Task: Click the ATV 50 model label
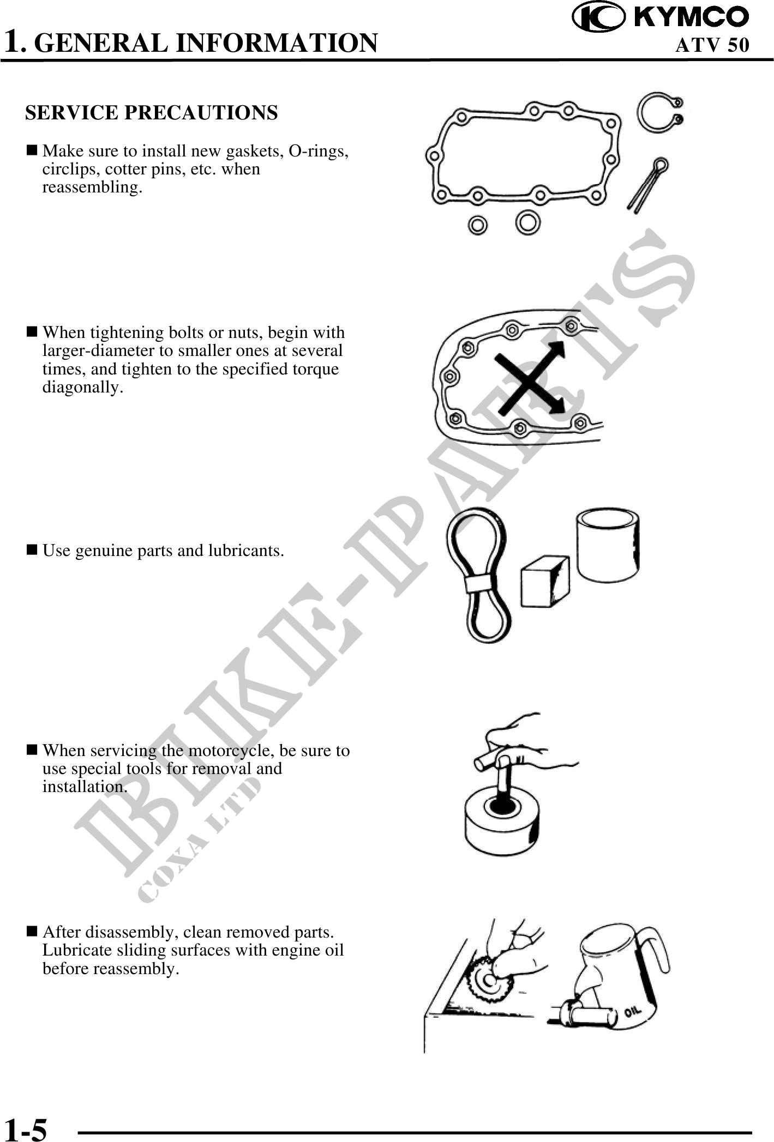tap(712, 45)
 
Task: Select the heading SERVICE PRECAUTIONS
tap(152, 113)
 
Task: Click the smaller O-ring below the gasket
tap(478, 224)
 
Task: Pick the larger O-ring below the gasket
tap(528, 222)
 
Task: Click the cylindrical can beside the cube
tap(608, 545)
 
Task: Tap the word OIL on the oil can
tap(632, 1012)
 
